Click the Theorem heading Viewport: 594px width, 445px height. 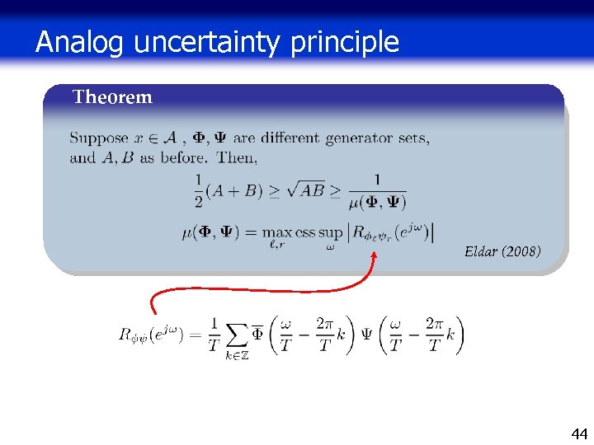coord(112,97)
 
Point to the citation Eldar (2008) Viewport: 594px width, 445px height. coord(502,251)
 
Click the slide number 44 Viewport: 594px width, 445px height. coord(580,433)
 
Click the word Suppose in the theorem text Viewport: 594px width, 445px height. coord(98,139)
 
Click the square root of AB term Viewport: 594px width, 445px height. coord(304,191)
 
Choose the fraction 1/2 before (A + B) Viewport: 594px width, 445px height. coord(198,190)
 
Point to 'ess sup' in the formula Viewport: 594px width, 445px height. coord(318,233)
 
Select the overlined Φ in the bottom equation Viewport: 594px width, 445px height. coord(257,334)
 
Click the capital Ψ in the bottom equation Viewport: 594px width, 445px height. coord(365,335)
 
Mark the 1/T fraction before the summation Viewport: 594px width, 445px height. coord(214,335)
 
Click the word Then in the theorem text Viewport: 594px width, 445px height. coord(239,157)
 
